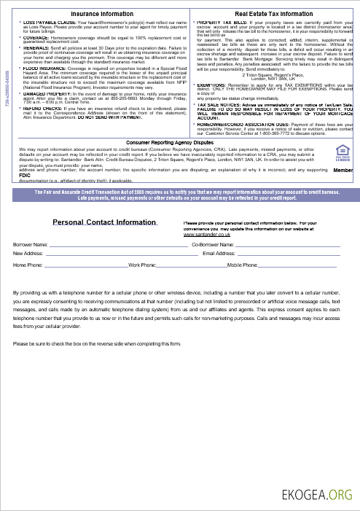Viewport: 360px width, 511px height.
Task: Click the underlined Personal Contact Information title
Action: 104,243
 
